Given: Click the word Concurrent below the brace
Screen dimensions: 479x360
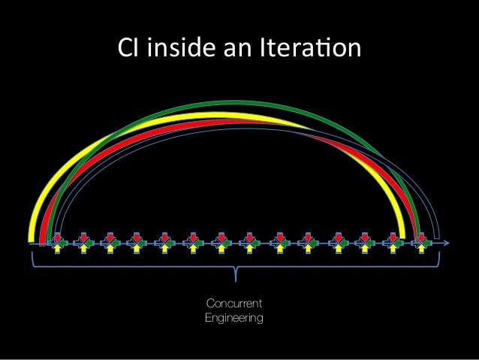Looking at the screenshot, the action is [x=233, y=304].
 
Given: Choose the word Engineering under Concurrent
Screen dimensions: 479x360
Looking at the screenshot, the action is [x=233, y=319].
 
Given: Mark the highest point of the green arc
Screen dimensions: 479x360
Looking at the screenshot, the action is [x=244, y=102].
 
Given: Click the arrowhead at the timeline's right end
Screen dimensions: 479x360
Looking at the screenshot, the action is [x=447, y=244].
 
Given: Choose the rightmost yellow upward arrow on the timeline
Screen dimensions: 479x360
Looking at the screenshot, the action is [x=421, y=250].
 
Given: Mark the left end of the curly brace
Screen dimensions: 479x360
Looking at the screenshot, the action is [x=32, y=256].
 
